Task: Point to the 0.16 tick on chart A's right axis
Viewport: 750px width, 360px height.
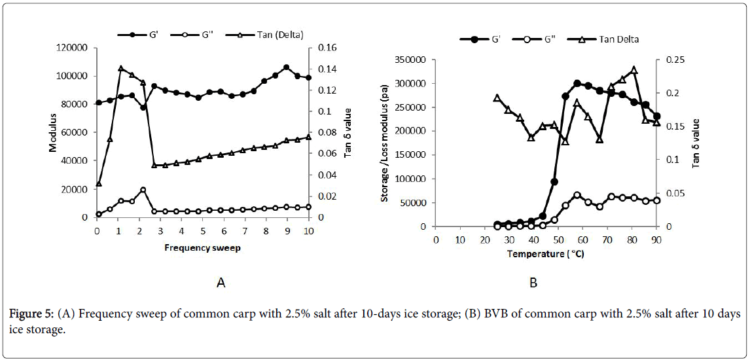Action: pos(328,48)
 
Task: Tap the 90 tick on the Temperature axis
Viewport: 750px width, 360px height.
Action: pos(656,239)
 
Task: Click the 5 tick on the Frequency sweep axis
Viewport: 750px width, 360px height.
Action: pos(203,230)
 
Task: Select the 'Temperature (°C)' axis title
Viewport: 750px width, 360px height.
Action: pos(546,253)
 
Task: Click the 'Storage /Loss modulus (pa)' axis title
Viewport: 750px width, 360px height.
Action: pos(387,142)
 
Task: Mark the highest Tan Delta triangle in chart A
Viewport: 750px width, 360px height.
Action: pos(121,68)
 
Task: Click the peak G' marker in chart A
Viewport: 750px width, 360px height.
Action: pos(286,67)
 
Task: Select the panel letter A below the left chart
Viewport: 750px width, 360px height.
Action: pos(221,283)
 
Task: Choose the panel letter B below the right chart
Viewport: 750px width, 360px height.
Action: pos(533,283)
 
